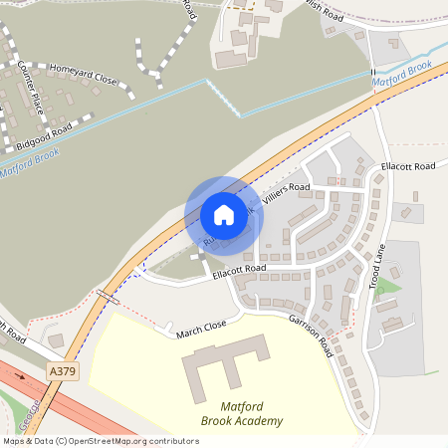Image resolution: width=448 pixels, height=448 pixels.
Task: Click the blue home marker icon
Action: click(224, 215)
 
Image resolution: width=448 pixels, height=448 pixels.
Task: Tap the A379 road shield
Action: click(62, 370)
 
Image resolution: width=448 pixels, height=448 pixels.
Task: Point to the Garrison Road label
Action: click(311, 334)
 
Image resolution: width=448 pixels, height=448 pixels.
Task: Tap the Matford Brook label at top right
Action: click(402, 73)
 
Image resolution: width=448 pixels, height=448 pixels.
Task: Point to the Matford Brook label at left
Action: click(31, 162)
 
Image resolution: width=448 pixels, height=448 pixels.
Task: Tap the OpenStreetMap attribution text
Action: click(100, 441)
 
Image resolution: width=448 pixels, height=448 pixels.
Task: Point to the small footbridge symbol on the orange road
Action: click(108, 296)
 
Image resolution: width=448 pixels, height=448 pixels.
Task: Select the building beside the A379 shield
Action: click(56, 341)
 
